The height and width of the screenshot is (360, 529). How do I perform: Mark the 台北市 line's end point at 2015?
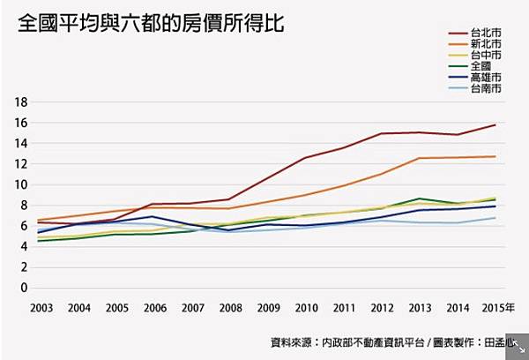click(495, 125)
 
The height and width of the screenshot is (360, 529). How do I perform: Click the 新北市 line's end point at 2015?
click(495, 156)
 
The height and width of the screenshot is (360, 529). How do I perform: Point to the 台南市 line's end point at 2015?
click(495, 218)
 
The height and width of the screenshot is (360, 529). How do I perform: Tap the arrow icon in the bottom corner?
click(518, 349)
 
